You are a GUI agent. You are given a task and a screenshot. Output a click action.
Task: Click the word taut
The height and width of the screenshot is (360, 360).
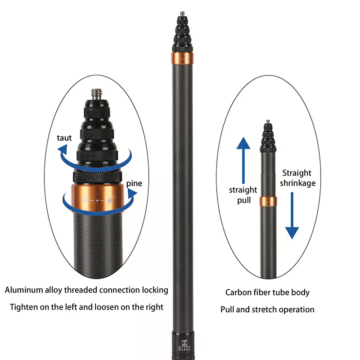[64, 138]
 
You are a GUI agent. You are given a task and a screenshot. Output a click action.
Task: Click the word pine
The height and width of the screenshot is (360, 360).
[135, 183]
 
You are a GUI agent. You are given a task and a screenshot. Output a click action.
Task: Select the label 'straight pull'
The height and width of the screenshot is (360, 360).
[243, 195]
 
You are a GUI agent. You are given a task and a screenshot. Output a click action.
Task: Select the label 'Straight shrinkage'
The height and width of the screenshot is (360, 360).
[297, 178]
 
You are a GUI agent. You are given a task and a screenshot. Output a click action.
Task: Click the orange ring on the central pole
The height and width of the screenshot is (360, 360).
[183, 58]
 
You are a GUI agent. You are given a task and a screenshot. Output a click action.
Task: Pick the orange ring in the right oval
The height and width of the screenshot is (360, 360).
[268, 201]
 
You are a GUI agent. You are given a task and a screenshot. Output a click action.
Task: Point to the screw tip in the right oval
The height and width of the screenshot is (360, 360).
[268, 121]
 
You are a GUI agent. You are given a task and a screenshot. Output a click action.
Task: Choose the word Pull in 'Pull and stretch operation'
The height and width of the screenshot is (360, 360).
[228, 310]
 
